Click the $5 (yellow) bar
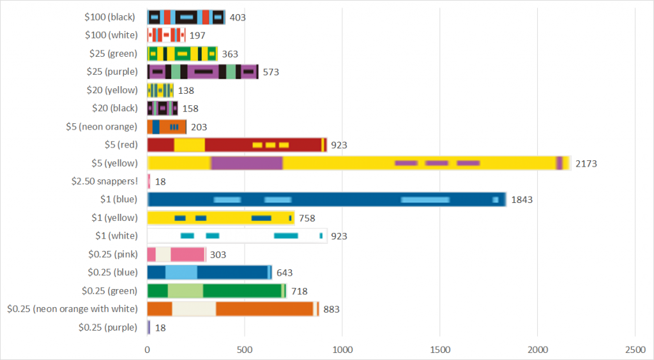359,163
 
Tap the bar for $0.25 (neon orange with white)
233,309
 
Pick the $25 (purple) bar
203,71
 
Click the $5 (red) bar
237,145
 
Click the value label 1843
521,200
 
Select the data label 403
238,17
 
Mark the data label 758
307,218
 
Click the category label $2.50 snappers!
104,181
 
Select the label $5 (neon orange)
102,126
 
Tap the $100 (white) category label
111,35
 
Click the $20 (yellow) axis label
112,90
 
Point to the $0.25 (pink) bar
176,255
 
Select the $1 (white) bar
237,236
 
